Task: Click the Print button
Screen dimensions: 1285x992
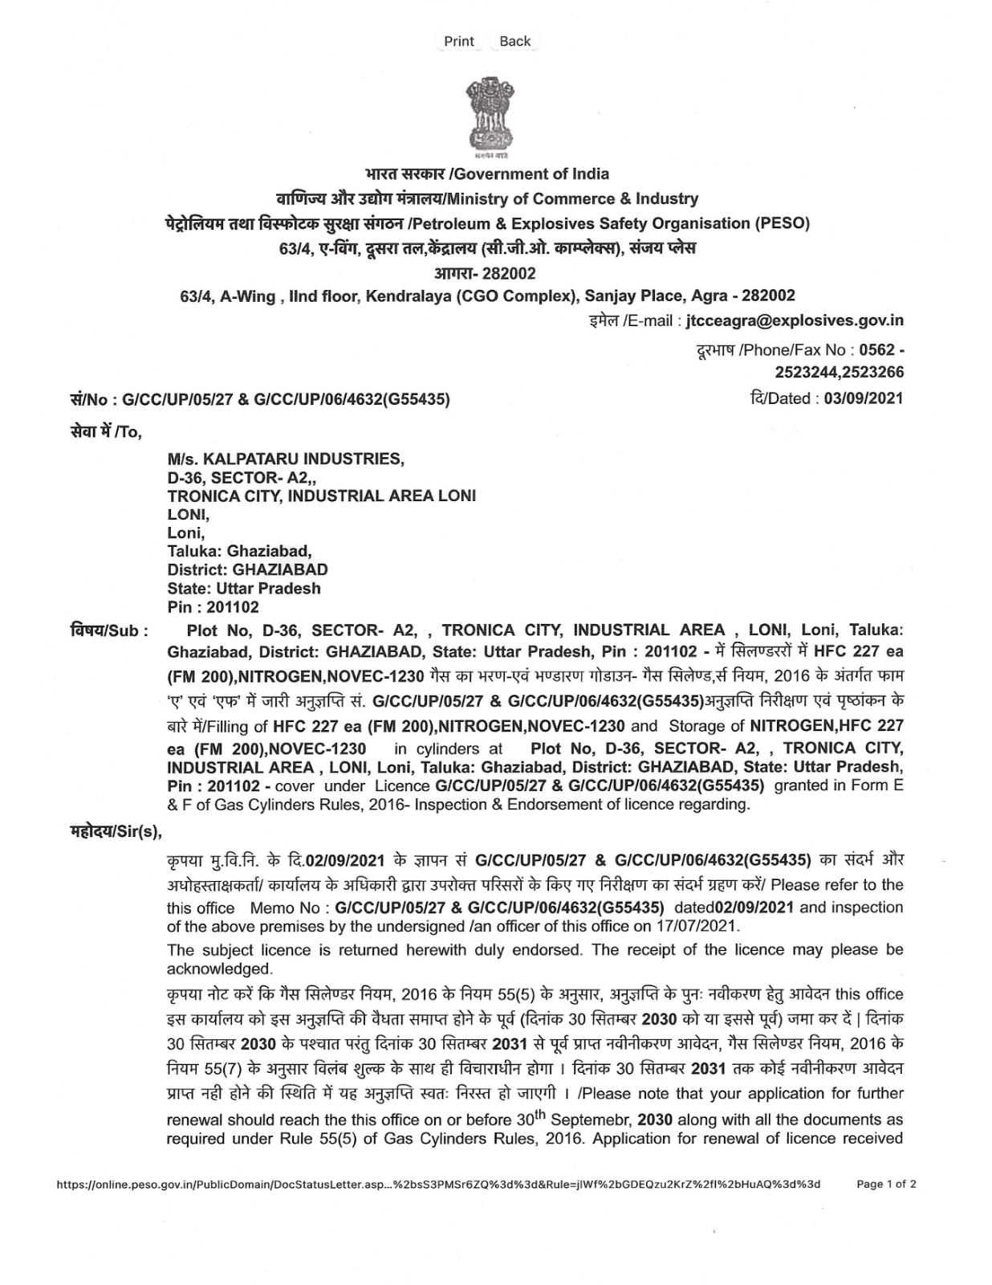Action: coord(459,41)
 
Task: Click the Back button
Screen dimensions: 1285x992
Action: coord(514,41)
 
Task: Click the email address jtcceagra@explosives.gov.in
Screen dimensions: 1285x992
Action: coord(795,320)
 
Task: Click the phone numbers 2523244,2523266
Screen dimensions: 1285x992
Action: coord(839,372)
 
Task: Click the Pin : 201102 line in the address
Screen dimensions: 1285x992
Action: coord(213,607)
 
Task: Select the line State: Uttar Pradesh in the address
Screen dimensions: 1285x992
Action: coord(244,588)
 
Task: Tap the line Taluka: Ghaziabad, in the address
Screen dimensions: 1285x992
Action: coord(239,551)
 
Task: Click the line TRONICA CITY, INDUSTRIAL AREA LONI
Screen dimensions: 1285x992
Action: coord(321,496)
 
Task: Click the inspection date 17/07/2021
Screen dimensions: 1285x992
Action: coord(700,926)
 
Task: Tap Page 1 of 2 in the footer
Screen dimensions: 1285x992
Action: coord(886,1184)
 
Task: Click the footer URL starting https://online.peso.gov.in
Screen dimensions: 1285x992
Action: coord(437,1184)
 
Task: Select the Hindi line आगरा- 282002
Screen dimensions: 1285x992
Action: coord(485,273)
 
